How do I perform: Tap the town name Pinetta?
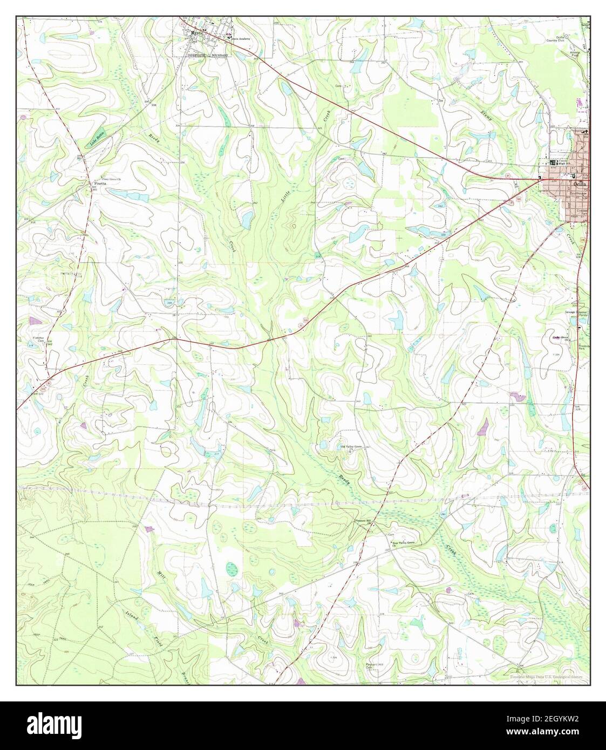point(98,184)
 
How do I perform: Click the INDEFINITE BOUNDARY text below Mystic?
point(208,55)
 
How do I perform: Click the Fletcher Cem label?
point(38,340)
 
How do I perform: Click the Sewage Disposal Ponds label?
point(576,315)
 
